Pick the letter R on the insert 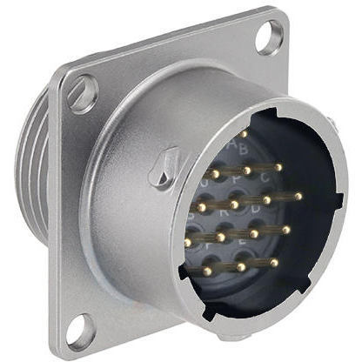[224, 210]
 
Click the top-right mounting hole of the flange [270, 37]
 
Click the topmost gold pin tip [245, 134]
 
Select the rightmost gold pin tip [298, 197]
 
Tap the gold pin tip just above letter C [278, 166]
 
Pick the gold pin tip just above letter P [247, 169]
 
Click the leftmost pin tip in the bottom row [207, 271]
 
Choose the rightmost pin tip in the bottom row [274, 262]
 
